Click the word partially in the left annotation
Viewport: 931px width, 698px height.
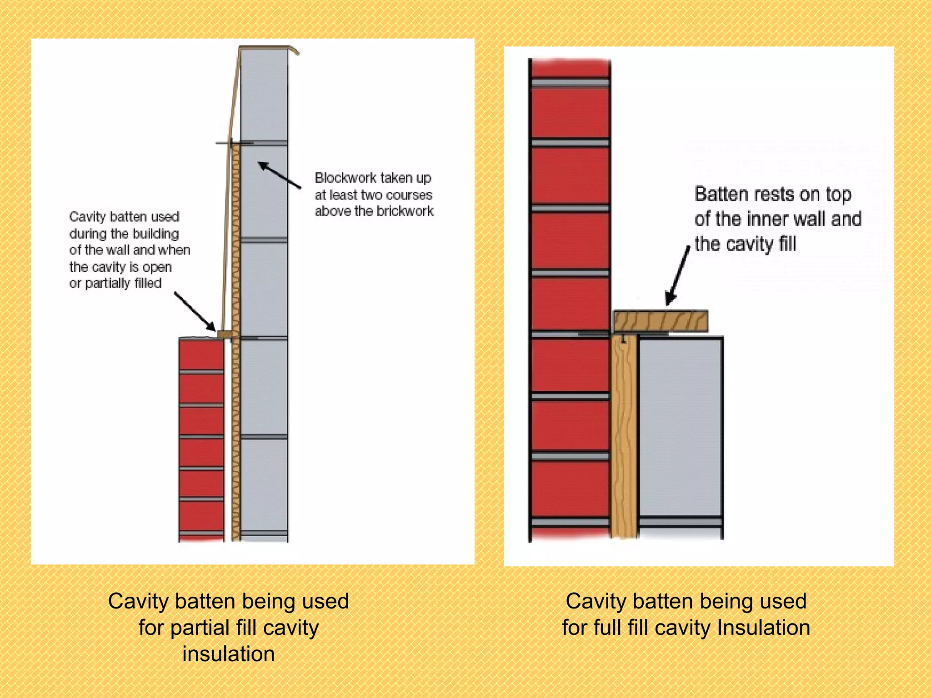pos(107,284)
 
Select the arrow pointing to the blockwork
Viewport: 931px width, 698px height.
pos(279,175)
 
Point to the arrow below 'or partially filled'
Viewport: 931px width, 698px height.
pos(195,311)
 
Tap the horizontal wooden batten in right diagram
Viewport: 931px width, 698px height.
pos(661,321)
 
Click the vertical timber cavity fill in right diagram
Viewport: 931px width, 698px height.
pos(624,436)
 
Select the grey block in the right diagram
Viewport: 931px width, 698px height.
pos(680,427)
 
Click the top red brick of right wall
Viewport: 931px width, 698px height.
pos(570,68)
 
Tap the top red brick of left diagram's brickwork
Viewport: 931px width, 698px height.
pos(201,355)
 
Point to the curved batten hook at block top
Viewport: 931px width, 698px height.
pos(293,49)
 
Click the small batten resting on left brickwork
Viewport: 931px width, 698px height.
pos(225,334)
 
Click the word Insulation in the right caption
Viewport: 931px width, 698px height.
pos(763,628)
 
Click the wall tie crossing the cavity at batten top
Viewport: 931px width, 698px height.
pos(234,144)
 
